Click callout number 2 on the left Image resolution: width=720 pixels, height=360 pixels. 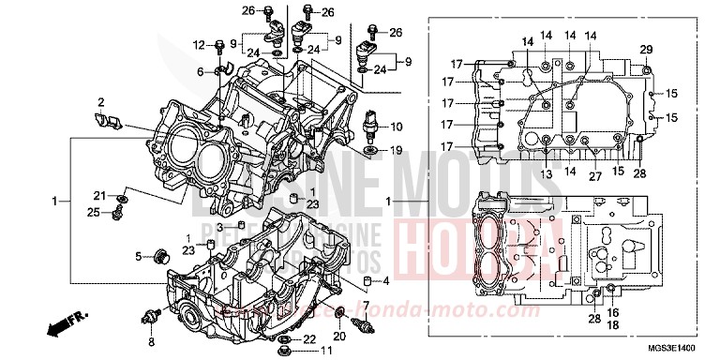point(100,101)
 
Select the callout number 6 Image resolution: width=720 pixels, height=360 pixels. point(200,72)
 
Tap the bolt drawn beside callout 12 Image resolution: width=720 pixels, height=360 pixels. point(219,46)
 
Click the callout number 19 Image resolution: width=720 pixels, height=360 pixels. point(397,149)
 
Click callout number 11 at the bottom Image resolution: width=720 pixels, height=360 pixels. point(325,351)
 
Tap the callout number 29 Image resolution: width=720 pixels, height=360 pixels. point(645,49)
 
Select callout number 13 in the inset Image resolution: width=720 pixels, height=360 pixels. point(546,174)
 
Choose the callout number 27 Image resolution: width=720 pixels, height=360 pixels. point(594,175)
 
